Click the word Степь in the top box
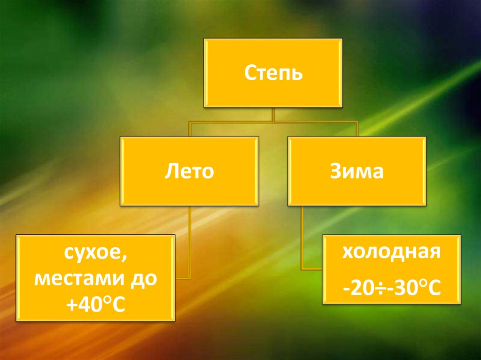[273, 74]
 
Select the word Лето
[189, 171]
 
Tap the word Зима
[357, 171]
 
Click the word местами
[81, 280]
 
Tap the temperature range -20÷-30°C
[391, 286]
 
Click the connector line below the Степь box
[273, 115]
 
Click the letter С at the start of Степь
[249, 74]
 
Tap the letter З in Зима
[336, 171]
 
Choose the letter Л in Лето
[171, 172]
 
